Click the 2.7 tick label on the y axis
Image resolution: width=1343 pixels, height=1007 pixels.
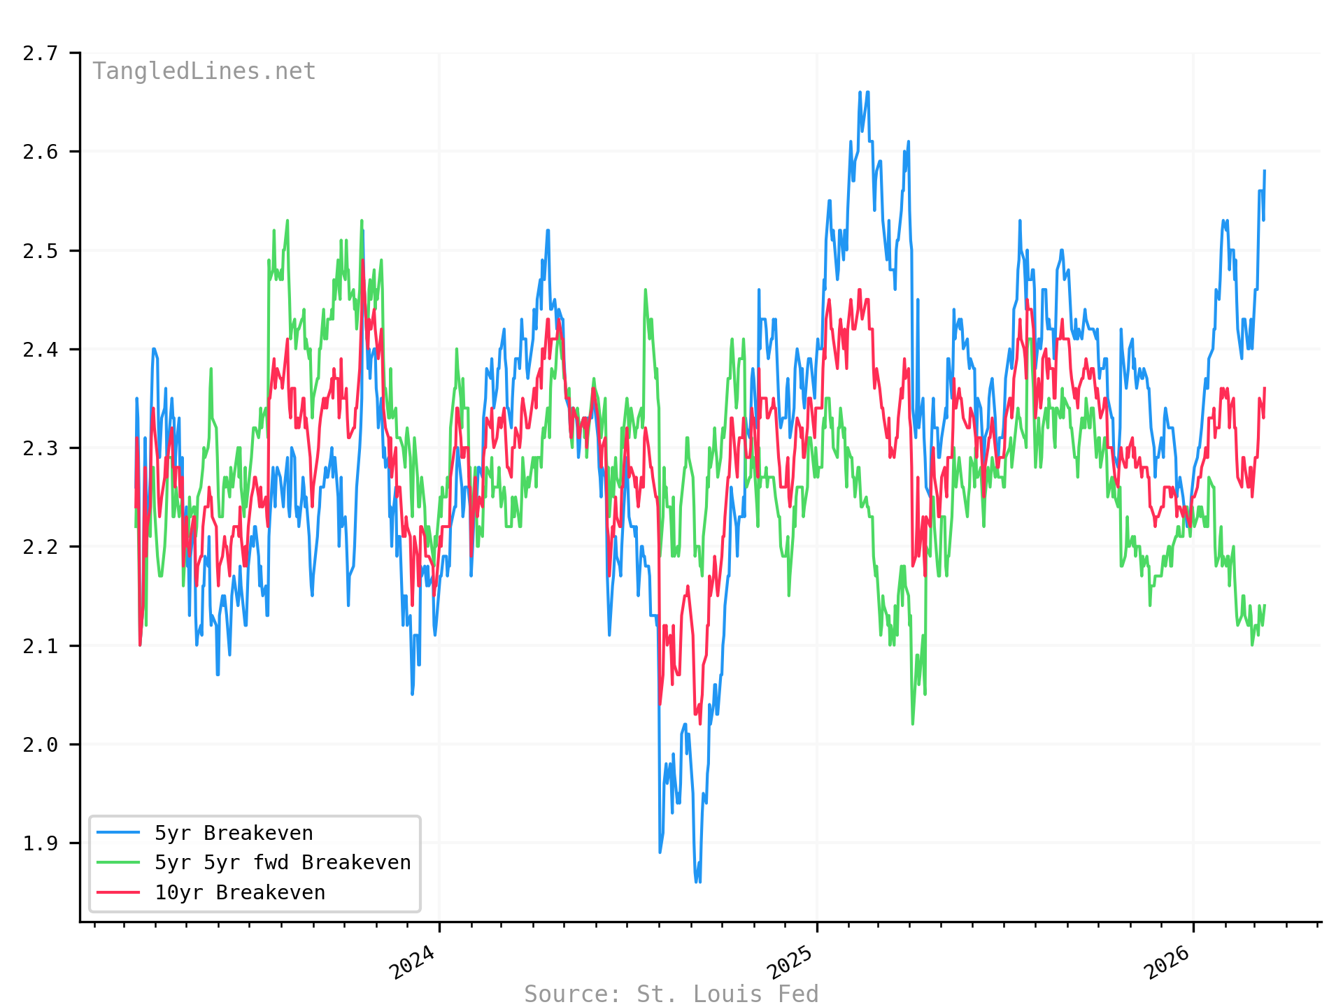tap(40, 53)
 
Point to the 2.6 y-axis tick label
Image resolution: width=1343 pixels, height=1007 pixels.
tap(40, 152)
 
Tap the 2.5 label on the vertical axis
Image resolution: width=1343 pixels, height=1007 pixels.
tap(40, 251)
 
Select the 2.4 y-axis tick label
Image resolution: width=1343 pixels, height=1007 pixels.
tap(40, 350)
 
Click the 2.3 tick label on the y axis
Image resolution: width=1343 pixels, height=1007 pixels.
tap(40, 448)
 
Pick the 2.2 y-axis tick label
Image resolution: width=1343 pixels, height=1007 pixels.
tap(40, 547)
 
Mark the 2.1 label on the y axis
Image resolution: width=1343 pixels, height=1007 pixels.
tap(40, 645)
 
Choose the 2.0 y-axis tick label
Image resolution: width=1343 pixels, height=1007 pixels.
tap(40, 745)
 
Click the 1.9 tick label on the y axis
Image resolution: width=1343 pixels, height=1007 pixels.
tap(40, 843)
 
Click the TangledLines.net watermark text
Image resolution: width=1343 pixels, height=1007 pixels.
tap(204, 71)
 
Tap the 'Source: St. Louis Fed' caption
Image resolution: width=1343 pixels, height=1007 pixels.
tap(671, 994)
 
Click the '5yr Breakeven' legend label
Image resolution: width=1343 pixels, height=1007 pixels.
tap(234, 833)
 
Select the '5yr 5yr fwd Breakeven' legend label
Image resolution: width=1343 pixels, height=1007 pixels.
tap(283, 862)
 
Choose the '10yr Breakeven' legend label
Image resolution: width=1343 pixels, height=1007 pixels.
tap(240, 892)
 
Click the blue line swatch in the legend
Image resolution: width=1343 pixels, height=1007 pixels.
tap(118, 833)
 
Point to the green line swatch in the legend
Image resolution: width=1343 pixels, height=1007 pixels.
tap(118, 862)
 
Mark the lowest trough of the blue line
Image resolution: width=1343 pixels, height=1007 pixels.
tap(697, 882)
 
